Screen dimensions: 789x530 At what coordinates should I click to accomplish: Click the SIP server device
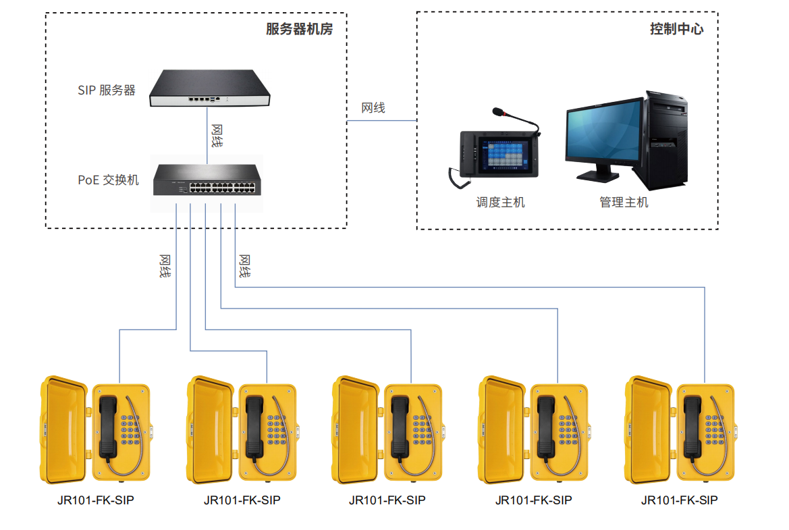coord(209,88)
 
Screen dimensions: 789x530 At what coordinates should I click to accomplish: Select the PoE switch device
coord(207,180)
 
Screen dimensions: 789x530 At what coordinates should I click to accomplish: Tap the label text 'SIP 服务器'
coord(107,90)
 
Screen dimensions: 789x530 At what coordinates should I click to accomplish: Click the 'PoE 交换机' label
coord(108,180)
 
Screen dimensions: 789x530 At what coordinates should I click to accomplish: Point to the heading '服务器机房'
coord(300,28)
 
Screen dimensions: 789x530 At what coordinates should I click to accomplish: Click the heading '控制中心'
coord(676,28)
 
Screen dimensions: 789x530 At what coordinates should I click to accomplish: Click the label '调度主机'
coord(501,203)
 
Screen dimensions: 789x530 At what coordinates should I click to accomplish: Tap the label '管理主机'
coord(624,203)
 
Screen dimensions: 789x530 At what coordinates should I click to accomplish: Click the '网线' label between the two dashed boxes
coord(373,108)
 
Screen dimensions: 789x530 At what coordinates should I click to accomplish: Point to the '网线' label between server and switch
coord(217,136)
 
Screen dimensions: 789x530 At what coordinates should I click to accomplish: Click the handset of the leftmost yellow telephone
coord(109,426)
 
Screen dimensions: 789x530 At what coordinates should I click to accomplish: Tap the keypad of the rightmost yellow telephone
coord(715,429)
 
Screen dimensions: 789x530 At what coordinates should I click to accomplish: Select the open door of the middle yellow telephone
coord(356,429)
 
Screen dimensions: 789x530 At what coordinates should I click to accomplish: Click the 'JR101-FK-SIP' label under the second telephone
coord(242,500)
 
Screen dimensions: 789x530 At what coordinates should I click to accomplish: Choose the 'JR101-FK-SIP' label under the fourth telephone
coord(534,500)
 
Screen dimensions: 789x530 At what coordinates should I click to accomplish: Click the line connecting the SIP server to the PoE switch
coord(207,136)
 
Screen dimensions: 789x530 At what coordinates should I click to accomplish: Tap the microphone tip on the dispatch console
coord(497,111)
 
